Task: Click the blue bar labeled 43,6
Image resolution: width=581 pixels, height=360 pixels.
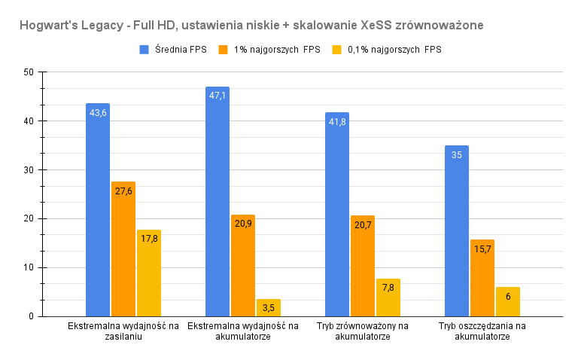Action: click(x=98, y=210)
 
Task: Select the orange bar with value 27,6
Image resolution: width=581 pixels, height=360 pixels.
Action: click(x=123, y=249)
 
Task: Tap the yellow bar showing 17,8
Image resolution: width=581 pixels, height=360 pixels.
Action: click(x=149, y=273)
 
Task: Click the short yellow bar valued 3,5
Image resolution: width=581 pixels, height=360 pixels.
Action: click(x=269, y=308)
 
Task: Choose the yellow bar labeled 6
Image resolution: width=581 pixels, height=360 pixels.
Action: click(x=508, y=302)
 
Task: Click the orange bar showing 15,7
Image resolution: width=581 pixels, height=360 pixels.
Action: click(x=482, y=278)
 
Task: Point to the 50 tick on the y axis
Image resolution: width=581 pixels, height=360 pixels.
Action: click(x=29, y=72)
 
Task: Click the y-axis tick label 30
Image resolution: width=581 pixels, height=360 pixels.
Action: click(x=29, y=170)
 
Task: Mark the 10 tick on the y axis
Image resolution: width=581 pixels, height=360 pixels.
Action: click(x=29, y=267)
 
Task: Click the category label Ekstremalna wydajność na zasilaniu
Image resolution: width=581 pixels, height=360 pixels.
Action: click(x=123, y=331)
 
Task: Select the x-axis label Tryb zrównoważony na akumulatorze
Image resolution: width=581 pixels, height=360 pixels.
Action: click(x=363, y=331)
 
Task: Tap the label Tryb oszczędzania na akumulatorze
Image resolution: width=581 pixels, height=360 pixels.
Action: click(x=482, y=331)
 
